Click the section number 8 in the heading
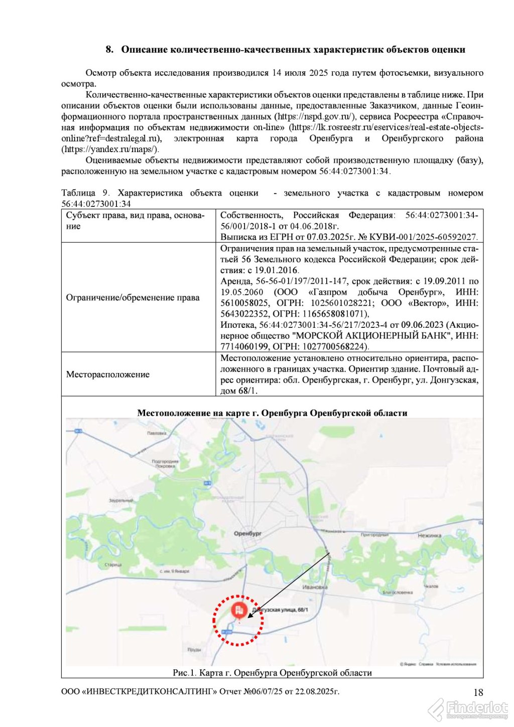click(109, 50)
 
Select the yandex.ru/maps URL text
click(110, 149)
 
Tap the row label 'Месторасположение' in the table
click(108, 374)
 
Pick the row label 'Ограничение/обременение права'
click(133, 297)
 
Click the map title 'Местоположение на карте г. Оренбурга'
click(272, 413)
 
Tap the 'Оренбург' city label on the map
click(247, 533)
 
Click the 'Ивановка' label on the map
click(315, 586)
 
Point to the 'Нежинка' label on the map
click(429, 535)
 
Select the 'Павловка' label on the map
click(157, 433)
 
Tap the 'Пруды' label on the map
click(194, 649)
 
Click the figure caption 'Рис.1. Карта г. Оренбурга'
click(272, 672)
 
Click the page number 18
click(478, 692)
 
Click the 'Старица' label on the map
click(113, 564)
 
